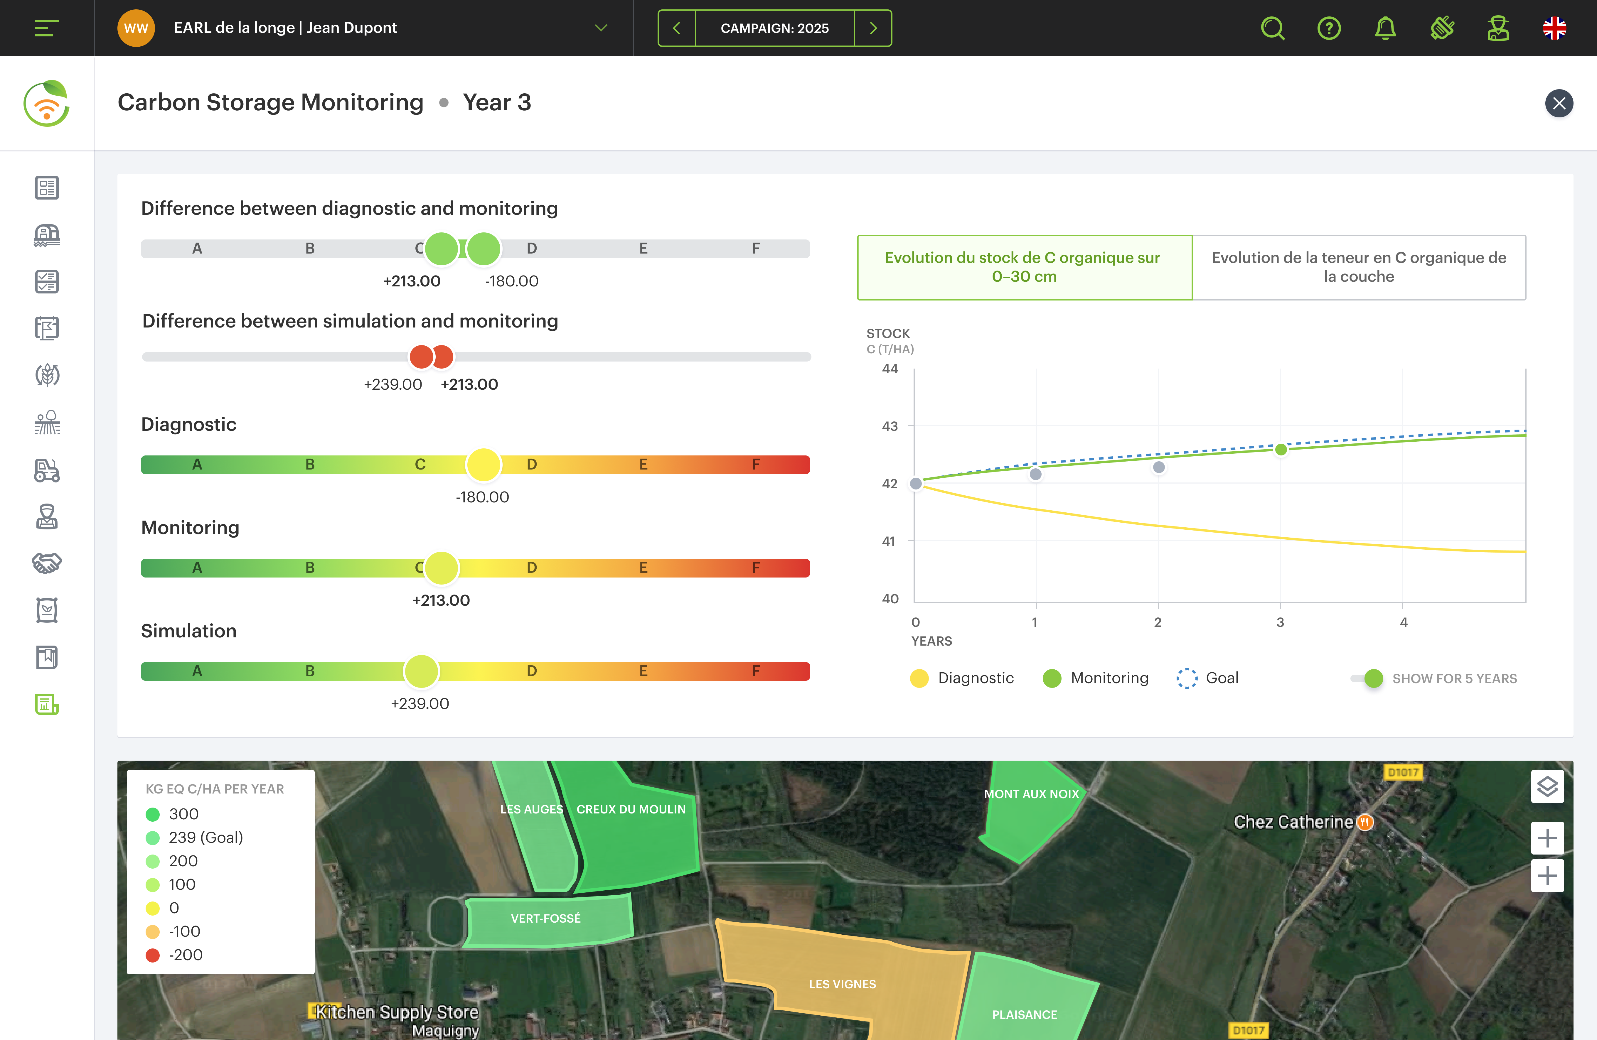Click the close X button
[x=1559, y=103]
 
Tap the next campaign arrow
[x=873, y=28]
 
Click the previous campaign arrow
[x=676, y=28]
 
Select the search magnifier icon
[x=1272, y=28]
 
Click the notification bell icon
[x=1385, y=28]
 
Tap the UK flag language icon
[x=1554, y=28]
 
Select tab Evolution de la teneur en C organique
[x=1359, y=267]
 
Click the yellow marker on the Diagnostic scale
[x=483, y=464]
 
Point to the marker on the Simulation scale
[x=421, y=671]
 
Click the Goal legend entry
[x=1208, y=678]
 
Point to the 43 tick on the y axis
[x=890, y=426]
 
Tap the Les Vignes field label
[x=842, y=984]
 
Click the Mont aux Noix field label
[x=1031, y=794]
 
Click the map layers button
[x=1547, y=786]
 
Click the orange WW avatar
[x=136, y=28]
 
